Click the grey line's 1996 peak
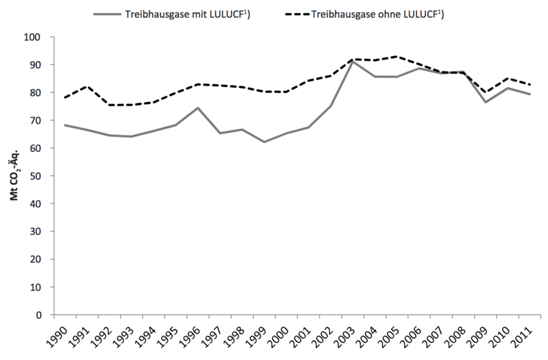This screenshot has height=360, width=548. point(197,107)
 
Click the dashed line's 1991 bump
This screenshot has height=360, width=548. point(86,86)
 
